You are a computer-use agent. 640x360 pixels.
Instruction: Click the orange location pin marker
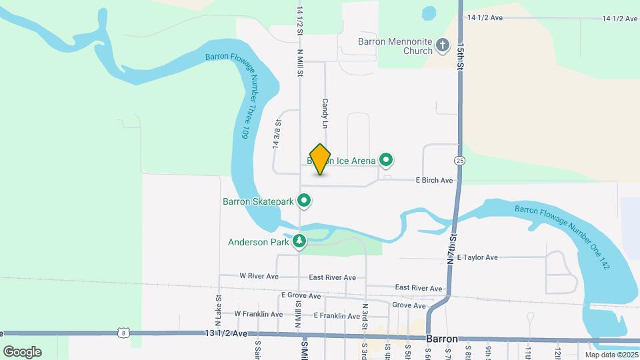321,159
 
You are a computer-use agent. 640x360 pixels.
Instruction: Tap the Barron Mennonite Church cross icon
443,46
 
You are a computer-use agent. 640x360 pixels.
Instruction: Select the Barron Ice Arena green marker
386,160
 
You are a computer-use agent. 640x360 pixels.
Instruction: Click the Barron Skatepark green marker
305,201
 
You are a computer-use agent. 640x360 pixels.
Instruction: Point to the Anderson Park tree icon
300,241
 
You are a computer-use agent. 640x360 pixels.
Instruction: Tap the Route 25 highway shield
459,161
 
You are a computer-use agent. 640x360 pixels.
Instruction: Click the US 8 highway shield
123,332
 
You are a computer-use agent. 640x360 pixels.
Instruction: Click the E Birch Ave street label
434,180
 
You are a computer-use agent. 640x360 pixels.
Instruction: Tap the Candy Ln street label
325,114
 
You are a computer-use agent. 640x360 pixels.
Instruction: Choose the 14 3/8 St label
276,134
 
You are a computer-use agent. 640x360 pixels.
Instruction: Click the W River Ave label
258,275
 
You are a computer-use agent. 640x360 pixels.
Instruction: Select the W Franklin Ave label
258,313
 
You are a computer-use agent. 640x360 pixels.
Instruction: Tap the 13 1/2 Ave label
227,333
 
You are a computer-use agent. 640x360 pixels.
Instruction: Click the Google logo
22,352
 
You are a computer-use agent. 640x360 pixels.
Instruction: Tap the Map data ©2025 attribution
611,355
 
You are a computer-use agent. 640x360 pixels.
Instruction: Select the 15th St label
461,58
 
